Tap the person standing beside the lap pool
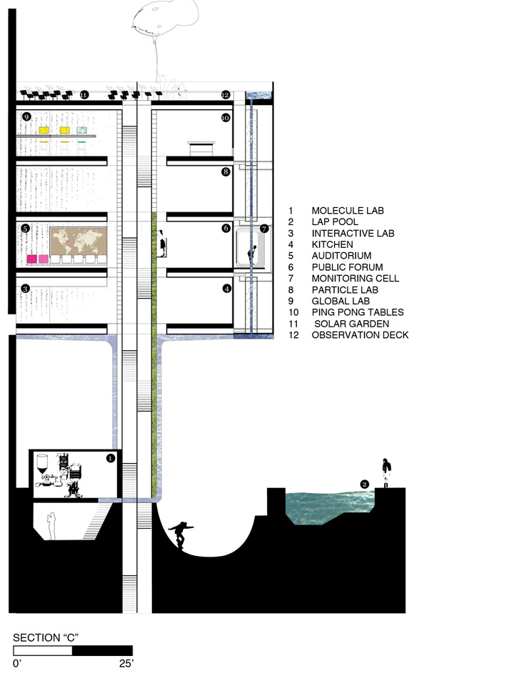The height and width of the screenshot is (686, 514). point(386,472)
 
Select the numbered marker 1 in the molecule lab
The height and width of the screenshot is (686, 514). point(111,458)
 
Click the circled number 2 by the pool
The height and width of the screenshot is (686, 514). point(365,484)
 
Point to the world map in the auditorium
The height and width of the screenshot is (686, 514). point(79,241)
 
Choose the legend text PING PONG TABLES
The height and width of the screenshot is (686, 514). point(358,312)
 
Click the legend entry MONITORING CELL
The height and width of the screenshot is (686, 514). point(356,278)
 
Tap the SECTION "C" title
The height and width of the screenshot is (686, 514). point(46,637)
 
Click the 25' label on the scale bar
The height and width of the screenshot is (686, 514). point(126,664)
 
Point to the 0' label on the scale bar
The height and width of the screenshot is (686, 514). point(17,664)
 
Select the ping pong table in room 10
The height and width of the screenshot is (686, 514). point(201,148)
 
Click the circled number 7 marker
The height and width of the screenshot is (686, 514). point(264,229)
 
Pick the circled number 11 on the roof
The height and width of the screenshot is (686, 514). point(84,94)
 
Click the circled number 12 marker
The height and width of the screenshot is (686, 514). point(226,94)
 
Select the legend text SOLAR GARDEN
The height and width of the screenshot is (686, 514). point(351,324)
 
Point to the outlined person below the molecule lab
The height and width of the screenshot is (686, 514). point(51,526)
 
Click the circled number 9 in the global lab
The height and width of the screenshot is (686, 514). point(26,116)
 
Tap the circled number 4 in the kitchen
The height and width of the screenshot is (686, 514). point(227,289)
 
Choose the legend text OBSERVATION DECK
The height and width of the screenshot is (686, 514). point(360,335)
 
